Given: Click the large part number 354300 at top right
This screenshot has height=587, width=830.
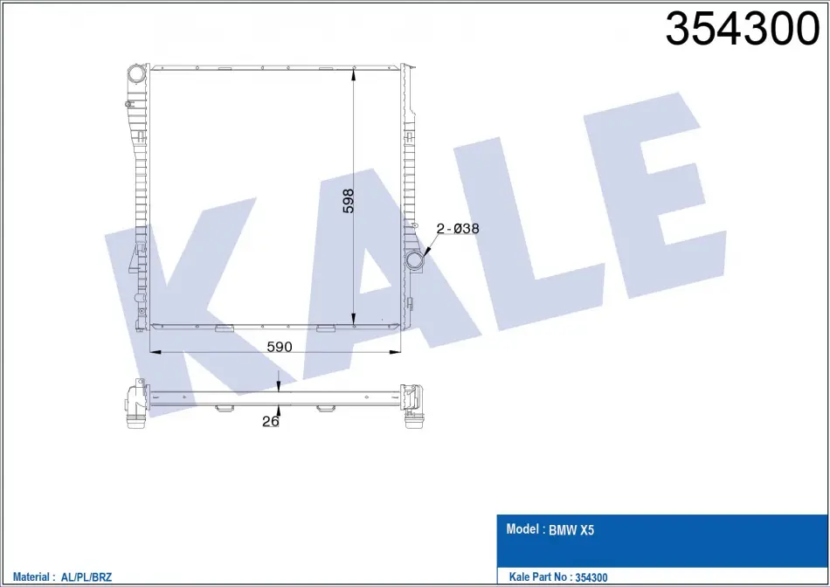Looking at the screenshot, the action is [742, 29].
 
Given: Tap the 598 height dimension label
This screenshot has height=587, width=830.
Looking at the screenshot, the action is [348, 201].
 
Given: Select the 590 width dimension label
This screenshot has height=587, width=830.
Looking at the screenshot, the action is [279, 347].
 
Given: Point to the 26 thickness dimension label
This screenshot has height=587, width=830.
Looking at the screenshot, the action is [271, 421].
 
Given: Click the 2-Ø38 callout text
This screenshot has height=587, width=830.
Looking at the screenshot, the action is [457, 229].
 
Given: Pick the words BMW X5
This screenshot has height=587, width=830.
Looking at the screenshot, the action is [571, 530].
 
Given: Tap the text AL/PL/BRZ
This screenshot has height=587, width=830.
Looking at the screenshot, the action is [86, 577].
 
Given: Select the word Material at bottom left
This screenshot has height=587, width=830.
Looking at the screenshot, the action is [31, 577].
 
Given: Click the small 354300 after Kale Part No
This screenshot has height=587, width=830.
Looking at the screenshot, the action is [591, 577].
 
